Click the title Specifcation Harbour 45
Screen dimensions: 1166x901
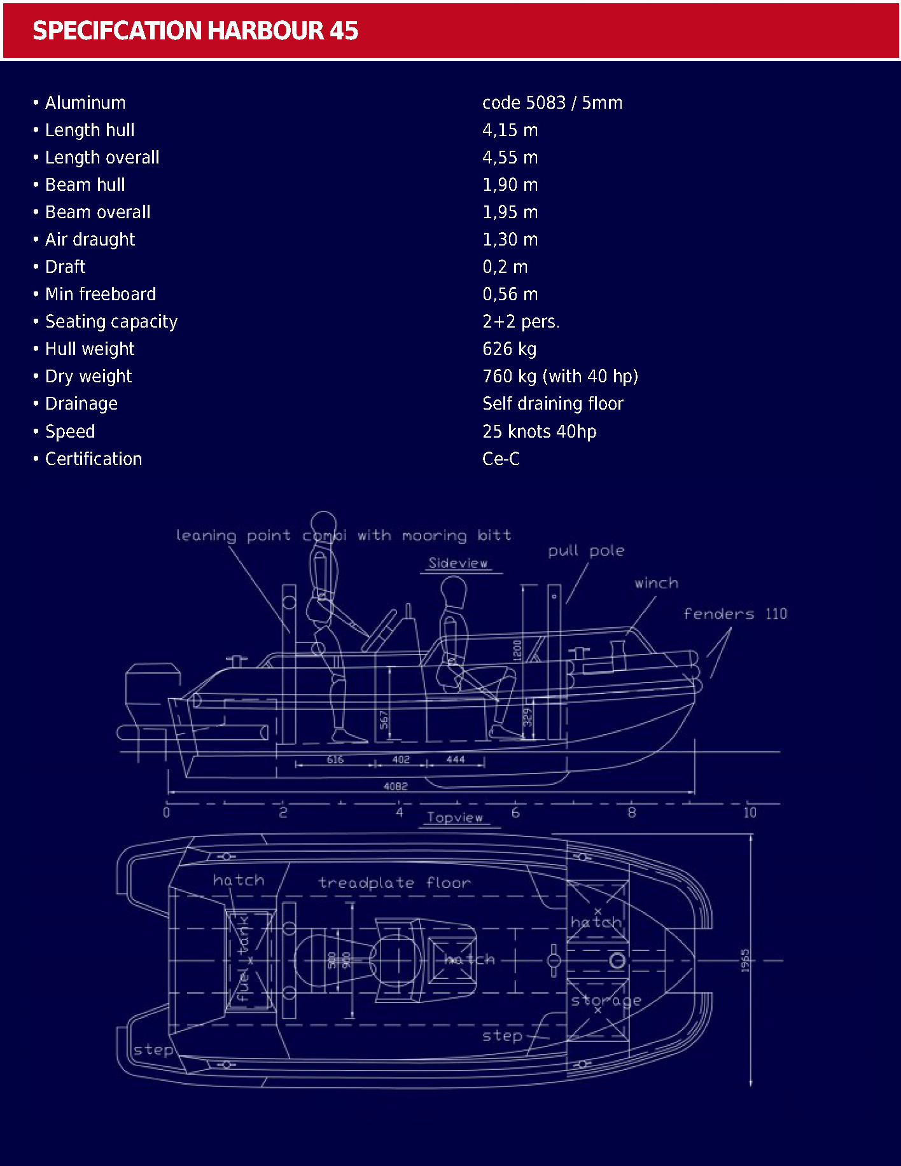195,31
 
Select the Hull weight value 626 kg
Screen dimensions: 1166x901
509,349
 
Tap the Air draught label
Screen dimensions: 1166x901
90,240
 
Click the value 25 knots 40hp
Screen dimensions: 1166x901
539,432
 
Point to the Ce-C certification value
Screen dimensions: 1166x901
501,459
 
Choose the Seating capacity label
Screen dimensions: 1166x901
111,322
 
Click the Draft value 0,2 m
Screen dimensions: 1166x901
505,267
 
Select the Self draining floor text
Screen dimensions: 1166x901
552,404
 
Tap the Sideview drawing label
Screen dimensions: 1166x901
458,564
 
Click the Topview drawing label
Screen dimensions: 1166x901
454,818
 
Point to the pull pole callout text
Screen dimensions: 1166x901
586,551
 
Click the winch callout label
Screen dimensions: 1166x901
656,583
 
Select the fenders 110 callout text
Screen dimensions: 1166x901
735,614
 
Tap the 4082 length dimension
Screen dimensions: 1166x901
395,786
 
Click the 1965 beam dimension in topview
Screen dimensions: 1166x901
745,961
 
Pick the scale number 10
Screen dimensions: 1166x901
750,812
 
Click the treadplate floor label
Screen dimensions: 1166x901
395,883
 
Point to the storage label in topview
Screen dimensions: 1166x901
606,1001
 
